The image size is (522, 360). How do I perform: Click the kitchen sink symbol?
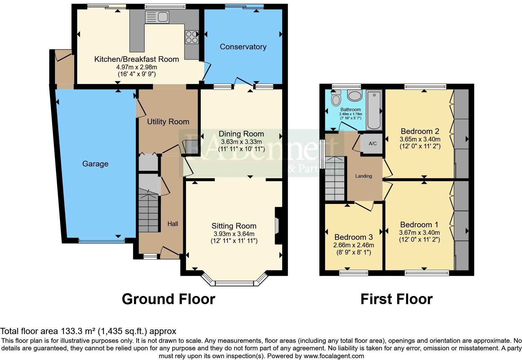pyautogui.click(x=157, y=17)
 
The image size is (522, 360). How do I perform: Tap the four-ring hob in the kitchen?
pyautogui.click(x=191, y=37)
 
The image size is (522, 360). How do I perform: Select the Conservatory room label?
pyautogui.click(x=243, y=47)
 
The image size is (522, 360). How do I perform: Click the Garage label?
pyautogui.click(x=95, y=164)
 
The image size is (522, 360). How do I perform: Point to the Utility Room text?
pyautogui.click(x=168, y=122)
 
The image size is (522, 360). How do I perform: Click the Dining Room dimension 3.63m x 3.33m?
pyautogui.click(x=241, y=142)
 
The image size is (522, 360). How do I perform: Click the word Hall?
pyautogui.click(x=173, y=224)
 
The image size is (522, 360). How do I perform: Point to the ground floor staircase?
pyautogui.click(x=149, y=212)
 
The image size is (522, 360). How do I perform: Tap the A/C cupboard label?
pyautogui.click(x=372, y=144)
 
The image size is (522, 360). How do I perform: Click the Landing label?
pyautogui.click(x=363, y=176)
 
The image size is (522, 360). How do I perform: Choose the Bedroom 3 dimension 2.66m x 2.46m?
pyautogui.click(x=353, y=245)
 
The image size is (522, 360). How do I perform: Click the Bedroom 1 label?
pyautogui.click(x=419, y=224)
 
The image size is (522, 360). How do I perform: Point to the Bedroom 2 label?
pyautogui.click(x=420, y=131)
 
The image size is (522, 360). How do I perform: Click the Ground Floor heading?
pyautogui.click(x=168, y=299)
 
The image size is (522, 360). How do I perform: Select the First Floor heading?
pyautogui.click(x=396, y=299)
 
